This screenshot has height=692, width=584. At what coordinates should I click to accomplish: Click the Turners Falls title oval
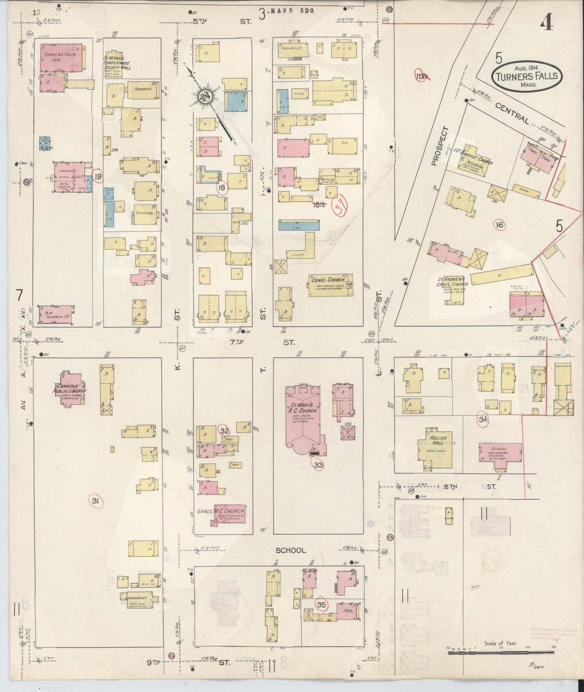(x=527, y=76)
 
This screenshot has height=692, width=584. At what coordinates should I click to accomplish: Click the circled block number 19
(x=98, y=176)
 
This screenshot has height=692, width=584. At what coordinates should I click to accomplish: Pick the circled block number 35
(x=322, y=605)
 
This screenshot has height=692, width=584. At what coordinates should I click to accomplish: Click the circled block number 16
(x=500, y=224)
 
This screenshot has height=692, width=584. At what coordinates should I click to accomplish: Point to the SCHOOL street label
(x=291, y=550)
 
